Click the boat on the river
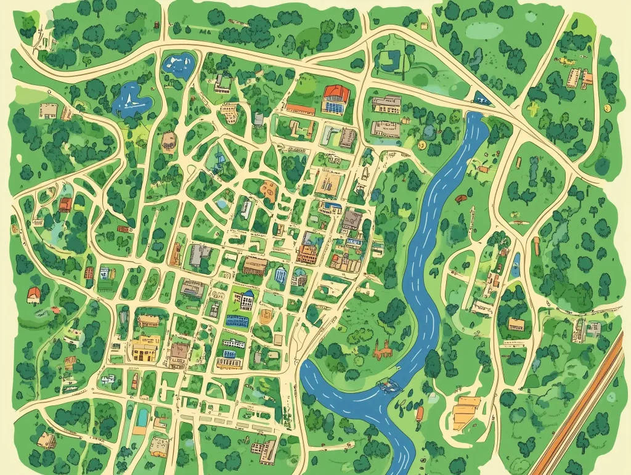coord(387,386)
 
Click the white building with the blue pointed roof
coord(245,300)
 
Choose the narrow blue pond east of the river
coord(516,266)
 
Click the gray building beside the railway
coord(593,329)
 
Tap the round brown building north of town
coord(168,141)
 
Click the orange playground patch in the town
coord(268,188)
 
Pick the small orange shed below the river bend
coord(421,412)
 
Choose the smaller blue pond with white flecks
coord(177,63)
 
